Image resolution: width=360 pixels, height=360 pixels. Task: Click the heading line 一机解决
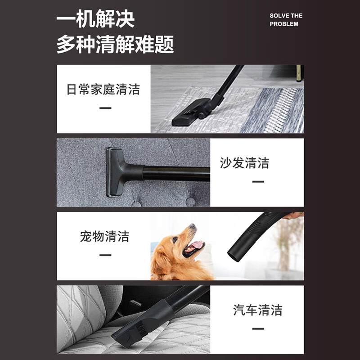(x=95, y=20)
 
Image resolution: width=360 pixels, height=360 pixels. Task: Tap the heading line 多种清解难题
(x=115, y=45)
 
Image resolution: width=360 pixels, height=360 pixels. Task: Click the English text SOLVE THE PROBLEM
(x=286, y=20)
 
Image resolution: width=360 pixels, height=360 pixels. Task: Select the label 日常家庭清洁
(x=103, y=89)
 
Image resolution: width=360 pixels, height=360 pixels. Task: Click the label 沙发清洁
(x=244, y=162)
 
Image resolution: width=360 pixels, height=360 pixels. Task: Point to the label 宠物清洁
(x=104, y=236)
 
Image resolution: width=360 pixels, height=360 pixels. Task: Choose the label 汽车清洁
(x=258, y=310)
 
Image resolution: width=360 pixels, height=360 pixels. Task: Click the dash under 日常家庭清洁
(x=105, y=108)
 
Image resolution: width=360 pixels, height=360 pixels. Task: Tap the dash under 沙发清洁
(x=258, y=181)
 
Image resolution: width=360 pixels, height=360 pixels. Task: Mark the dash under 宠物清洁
(x=105, y=255)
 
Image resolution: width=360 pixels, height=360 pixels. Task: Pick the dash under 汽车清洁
(x=258, y=328)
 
